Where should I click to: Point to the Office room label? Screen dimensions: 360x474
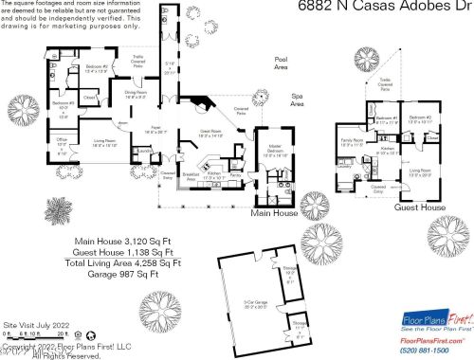coord(62,144)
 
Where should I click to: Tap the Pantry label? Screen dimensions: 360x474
coord(208,175)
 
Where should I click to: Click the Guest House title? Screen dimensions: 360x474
coord(420,206)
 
